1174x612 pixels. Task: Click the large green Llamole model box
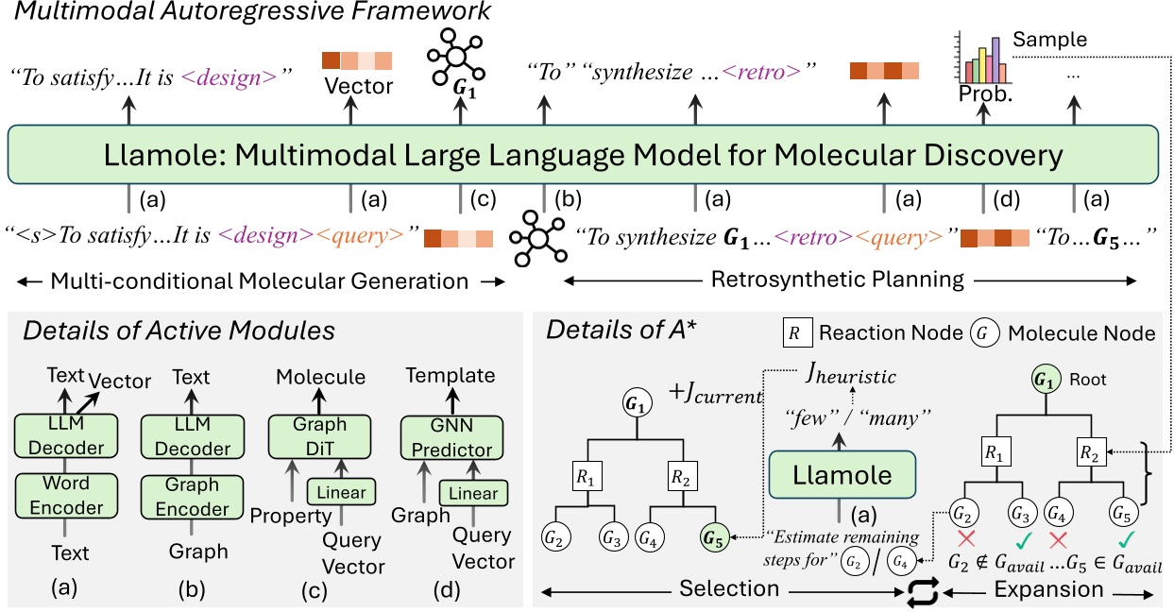click(586, 154)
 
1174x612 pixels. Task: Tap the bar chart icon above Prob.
click(982, 59)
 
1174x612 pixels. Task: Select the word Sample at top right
click(1049, 41)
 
